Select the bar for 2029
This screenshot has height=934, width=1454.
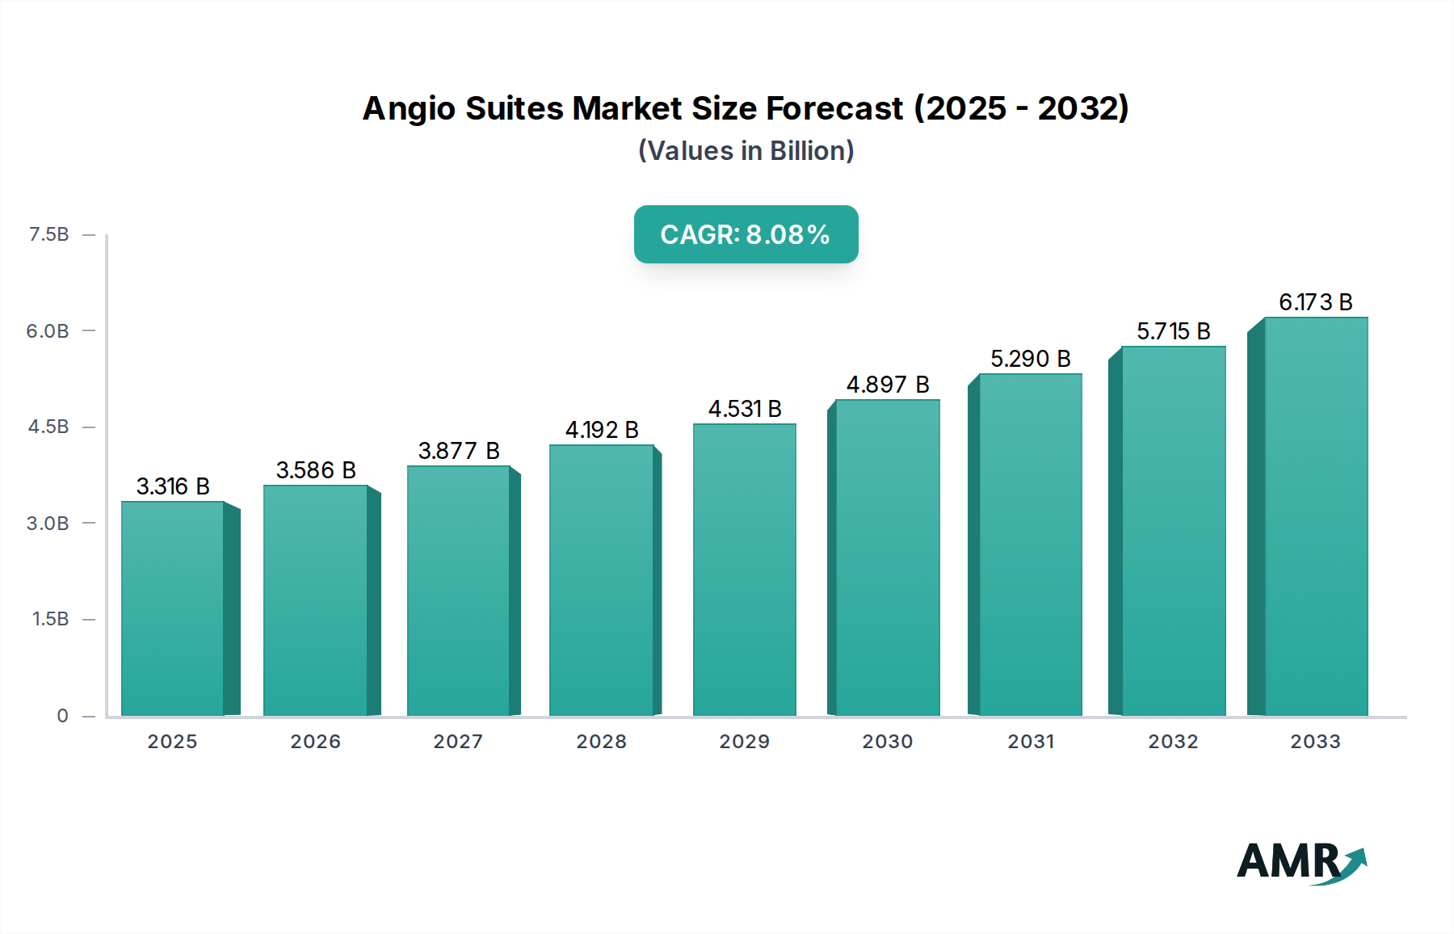[744, 570]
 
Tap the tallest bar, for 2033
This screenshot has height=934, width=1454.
[1316, 517]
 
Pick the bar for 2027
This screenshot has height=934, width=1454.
[458, 591]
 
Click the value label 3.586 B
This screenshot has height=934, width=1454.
[316, 470]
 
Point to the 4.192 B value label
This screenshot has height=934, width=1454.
[602, 430]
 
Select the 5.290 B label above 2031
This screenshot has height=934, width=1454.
[1031, 359]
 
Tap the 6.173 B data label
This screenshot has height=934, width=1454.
[1315, 302]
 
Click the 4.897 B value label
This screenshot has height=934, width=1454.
[888, 385]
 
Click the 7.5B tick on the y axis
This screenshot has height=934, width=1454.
[49, 234]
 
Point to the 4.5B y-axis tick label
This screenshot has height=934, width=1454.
[48, 427]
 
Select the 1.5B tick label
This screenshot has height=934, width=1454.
[50, 619]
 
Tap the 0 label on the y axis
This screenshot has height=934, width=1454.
[62, 716]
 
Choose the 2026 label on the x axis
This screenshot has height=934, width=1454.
[316, 742]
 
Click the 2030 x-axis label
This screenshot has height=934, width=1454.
[888, 742]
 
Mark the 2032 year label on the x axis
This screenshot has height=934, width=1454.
[1174, 742]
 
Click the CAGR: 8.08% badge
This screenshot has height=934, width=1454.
[746, 234]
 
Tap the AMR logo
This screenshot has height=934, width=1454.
[1301, 862]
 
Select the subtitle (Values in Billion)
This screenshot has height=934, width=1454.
[746, 151]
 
